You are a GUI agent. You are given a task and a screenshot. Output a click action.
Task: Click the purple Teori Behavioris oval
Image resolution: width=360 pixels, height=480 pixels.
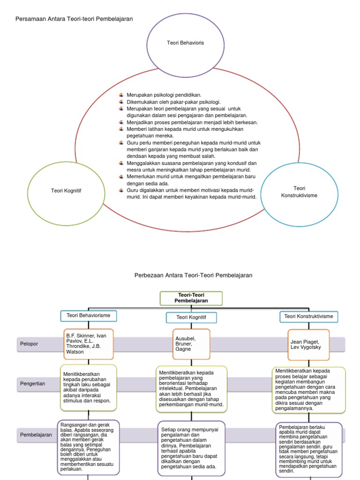pos(185,43)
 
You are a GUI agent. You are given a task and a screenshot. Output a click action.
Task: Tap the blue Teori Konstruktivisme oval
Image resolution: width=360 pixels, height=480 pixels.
pos(299,192)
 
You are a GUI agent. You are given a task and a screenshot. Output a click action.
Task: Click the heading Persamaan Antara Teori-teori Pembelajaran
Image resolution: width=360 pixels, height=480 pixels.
pos(75,19)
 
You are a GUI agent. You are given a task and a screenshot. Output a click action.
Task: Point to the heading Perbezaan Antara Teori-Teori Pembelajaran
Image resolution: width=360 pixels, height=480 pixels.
pos(193,275)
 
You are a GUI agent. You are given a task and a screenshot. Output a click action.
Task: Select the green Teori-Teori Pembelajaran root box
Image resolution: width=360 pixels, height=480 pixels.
pos(191,298)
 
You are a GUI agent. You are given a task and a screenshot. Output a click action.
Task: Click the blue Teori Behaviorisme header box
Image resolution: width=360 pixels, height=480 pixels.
pos(89,315)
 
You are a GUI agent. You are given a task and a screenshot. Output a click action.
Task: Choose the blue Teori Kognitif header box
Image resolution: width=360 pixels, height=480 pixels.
pos(191,317)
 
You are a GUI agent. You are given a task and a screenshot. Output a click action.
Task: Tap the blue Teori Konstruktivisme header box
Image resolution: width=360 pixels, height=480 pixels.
pos(309,316)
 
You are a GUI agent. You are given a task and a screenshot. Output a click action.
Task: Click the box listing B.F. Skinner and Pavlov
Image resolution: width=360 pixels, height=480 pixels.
pos(88,344)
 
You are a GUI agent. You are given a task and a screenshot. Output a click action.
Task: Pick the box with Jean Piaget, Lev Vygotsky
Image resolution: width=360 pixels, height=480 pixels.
pos(309,345)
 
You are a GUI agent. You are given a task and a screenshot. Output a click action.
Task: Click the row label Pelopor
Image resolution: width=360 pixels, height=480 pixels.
pos(29,344)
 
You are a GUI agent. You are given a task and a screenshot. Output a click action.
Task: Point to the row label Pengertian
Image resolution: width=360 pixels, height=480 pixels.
pos(33,383)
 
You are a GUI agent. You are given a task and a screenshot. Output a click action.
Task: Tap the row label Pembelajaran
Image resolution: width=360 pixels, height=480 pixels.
pos(36,435)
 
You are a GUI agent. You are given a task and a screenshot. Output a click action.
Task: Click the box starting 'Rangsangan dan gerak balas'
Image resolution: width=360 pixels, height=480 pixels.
pos(88,447)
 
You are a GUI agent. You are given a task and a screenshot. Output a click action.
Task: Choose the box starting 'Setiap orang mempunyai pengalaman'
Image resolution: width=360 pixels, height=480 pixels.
pos(191,448)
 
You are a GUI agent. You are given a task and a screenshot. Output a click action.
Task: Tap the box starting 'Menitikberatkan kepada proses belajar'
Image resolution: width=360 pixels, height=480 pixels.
pos(308,389)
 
